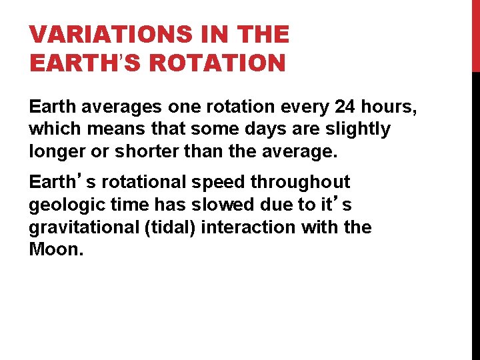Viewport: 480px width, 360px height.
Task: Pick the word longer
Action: tap(57, 151)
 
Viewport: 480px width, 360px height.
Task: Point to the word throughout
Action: tap(307, 182)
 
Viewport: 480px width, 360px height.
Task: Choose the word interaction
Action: tap(247, 227)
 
